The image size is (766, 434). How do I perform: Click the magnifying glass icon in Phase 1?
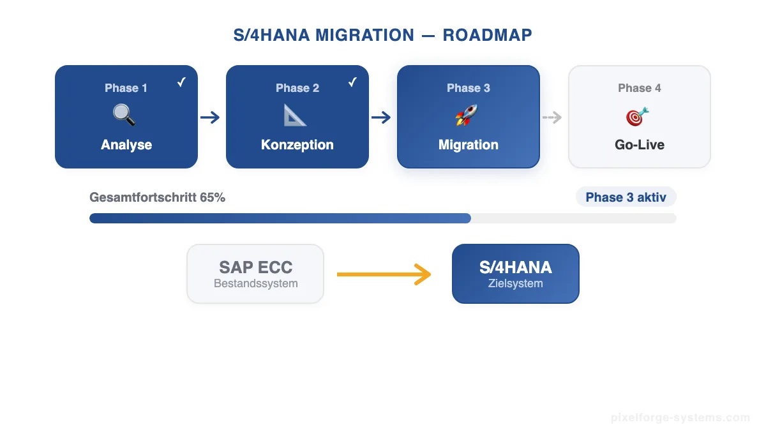124,116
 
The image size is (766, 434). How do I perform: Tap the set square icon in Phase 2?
296,116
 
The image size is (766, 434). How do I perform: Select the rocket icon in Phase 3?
467,116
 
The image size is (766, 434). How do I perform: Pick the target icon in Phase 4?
637,116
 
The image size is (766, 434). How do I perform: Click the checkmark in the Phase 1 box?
181,82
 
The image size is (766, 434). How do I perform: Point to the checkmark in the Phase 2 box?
352,82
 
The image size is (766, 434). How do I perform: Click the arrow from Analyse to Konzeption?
210,117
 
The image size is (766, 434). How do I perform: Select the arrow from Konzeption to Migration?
381,117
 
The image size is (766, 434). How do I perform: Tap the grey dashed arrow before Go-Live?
552,117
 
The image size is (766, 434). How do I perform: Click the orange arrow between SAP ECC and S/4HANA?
384,274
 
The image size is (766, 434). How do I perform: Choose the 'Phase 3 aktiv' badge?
626,197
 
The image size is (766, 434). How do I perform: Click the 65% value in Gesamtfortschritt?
213,198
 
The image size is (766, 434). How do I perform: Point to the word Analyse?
126,145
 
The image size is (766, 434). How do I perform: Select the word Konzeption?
297,145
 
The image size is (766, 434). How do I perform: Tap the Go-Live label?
640,145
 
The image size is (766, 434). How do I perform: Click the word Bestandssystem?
255,283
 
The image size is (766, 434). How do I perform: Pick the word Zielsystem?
516,283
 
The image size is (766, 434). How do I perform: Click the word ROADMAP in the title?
487,35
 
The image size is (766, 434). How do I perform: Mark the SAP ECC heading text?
255,267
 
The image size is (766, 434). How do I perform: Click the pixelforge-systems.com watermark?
680,418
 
